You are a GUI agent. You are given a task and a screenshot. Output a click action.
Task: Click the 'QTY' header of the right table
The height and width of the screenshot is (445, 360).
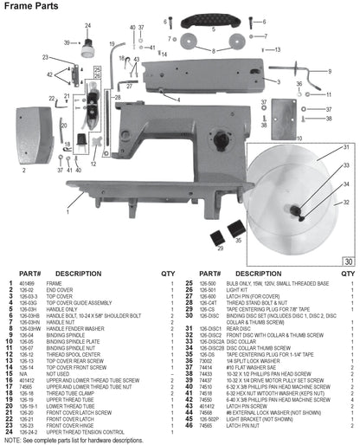[349, 273]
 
